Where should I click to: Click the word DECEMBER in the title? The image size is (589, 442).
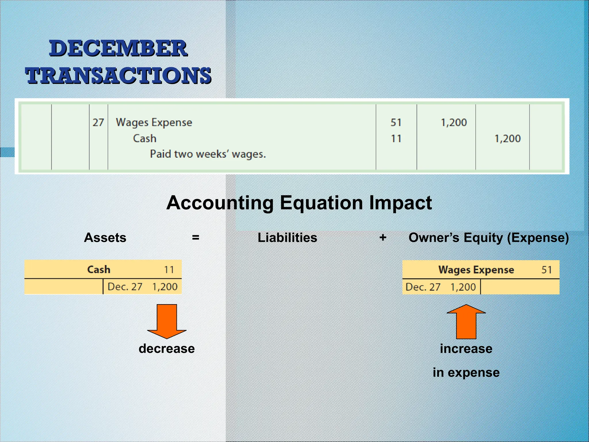118,48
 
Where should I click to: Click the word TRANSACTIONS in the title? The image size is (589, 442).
118,76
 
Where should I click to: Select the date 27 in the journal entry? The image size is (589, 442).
98,123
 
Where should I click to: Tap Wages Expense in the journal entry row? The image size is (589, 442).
154,123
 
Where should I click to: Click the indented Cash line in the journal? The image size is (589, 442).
145,138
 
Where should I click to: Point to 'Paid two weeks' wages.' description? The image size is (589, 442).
208,154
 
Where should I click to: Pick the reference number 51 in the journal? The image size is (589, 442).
396,123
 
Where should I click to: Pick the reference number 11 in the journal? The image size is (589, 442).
396,139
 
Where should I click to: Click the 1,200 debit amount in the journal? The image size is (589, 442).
454,123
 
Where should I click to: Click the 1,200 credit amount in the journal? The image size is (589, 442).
507,139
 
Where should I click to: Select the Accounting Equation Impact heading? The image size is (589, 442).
299,203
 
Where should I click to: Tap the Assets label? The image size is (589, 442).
105,238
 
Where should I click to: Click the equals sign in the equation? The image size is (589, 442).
196,238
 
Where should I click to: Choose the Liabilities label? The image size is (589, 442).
287,238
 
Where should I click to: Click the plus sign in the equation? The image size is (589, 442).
383,238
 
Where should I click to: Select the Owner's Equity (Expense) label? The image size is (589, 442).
489,238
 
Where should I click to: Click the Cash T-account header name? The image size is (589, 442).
99,270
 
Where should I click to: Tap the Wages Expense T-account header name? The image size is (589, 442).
476,270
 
